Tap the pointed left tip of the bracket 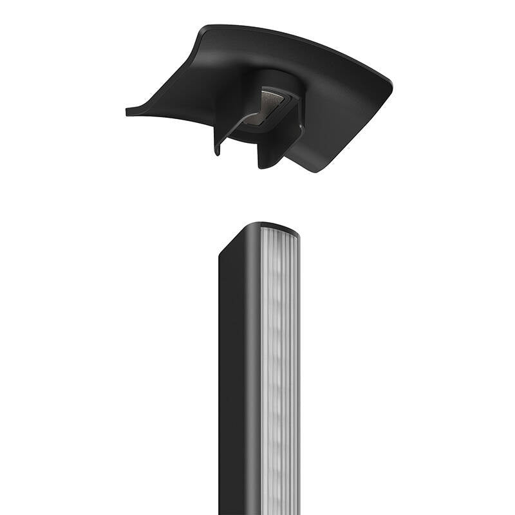click(x=128, y=112)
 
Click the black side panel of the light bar click(x=238, y=386)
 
